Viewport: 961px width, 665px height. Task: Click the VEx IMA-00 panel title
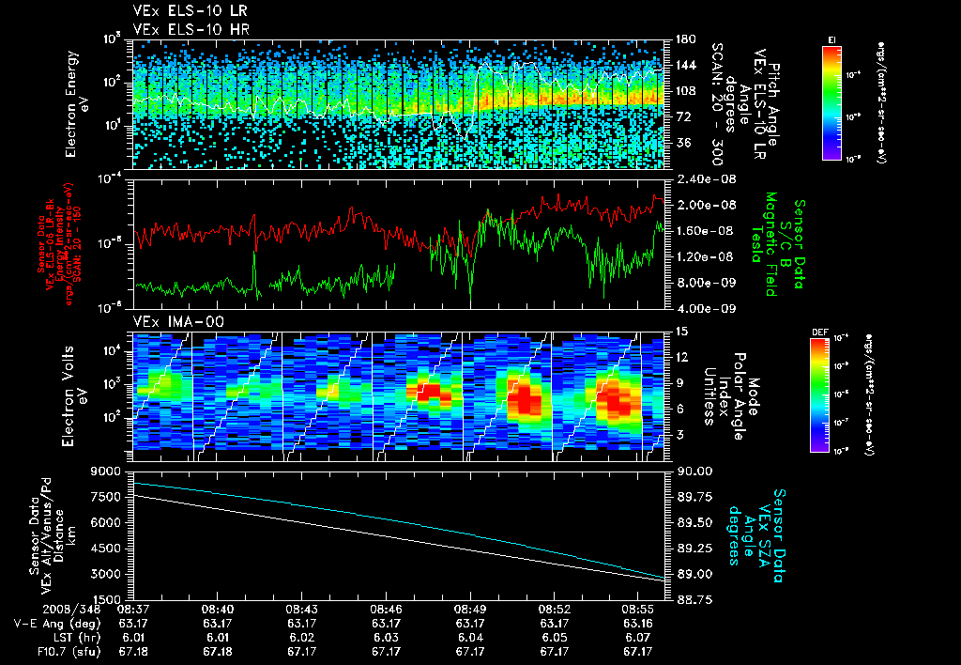[170, 321]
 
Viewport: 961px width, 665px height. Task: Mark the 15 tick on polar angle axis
[679, 331]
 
